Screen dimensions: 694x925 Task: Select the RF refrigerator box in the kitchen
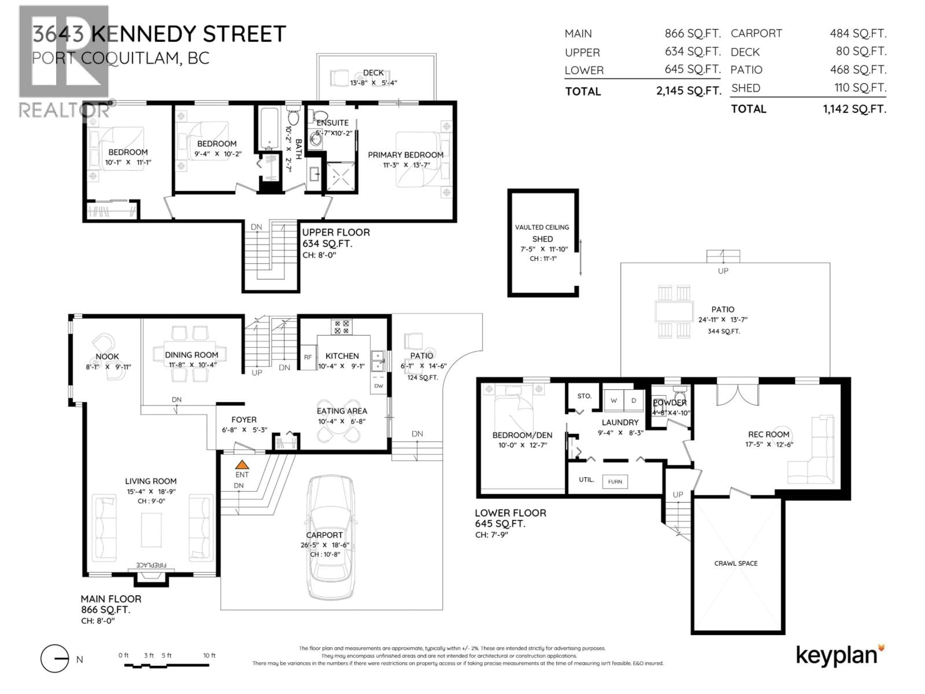[308, 357]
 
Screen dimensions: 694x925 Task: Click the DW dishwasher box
[378, 386]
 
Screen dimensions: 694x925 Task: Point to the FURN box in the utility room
[615, 481]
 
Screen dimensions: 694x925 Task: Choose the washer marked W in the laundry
[614, 400]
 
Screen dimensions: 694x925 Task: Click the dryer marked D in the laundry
[634, 400]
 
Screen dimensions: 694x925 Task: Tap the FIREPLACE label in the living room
[151, 565]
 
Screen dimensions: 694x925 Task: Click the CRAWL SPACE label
[736, 563]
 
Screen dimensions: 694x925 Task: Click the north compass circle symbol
[55, 658]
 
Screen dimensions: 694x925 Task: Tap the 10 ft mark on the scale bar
[209, 655]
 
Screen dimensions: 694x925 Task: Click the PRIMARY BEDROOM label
[405, 155]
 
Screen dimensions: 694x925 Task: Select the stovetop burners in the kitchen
[342, 327]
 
